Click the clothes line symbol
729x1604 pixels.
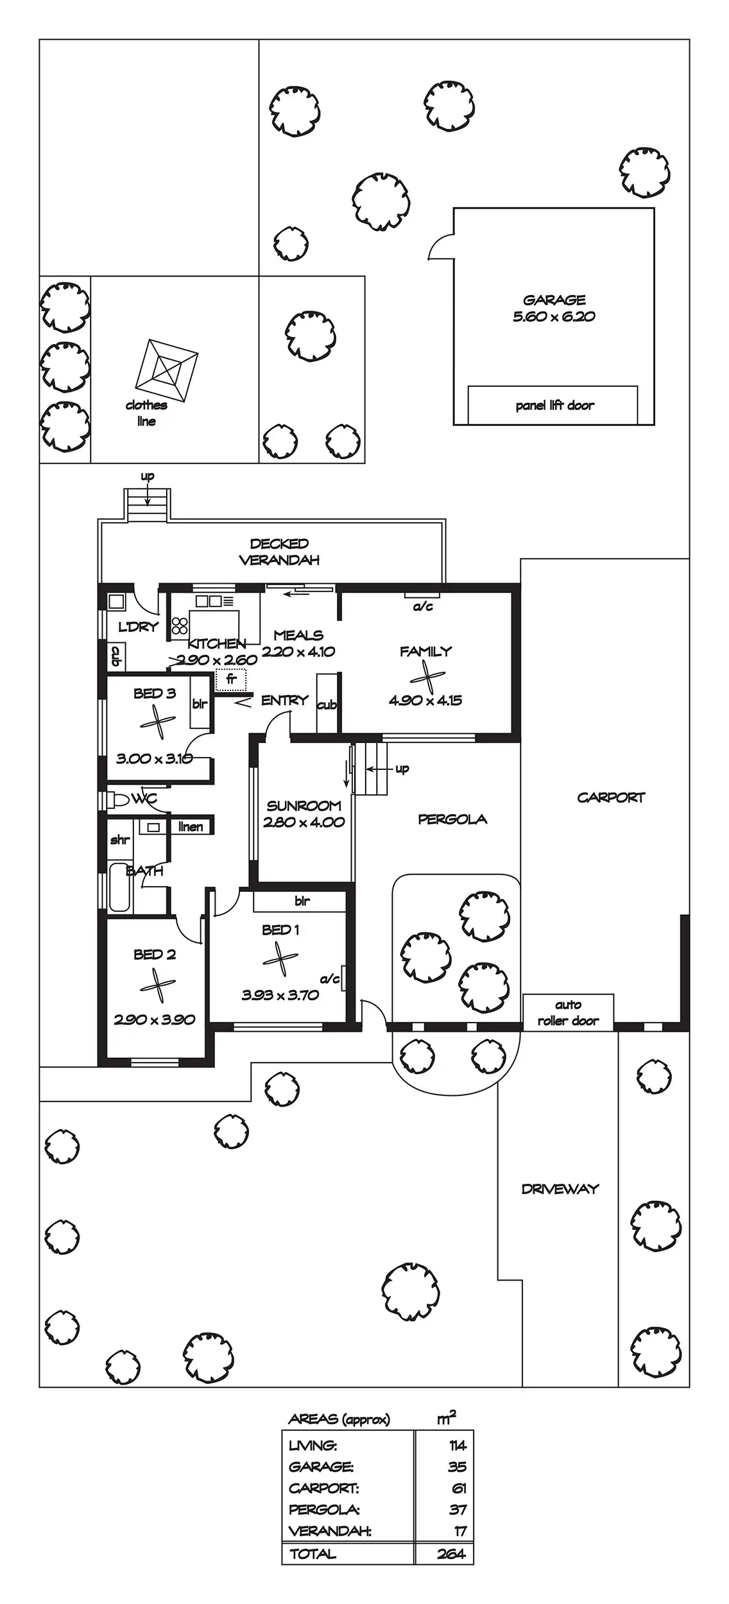click(167, 370)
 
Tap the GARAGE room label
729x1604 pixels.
click(554, 300)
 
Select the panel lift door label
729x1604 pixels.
click(554, 405)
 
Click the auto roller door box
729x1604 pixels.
click(568, 1012)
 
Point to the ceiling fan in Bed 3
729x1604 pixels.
click(157, 723)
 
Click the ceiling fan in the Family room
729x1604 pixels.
click(426, 677)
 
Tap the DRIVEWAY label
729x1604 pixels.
click(560, 1189)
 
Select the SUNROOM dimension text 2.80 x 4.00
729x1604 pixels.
click(304, 822)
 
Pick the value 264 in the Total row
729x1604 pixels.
click(451, 1554)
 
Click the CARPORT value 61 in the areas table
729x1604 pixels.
click(458, 1488)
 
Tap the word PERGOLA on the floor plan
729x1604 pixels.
click(452, 819)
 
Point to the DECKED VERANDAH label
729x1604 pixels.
click(279, 552)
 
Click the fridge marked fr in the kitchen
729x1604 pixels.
click(231, 679)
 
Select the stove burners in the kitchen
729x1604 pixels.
click(180, 626)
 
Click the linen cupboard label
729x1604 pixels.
click(191, 826)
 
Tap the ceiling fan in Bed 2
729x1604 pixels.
click(157, 985)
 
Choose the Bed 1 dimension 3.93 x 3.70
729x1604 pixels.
click(280, 995)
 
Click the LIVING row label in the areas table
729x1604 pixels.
click(313, 1446)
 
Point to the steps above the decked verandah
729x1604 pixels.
click(148, 505)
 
